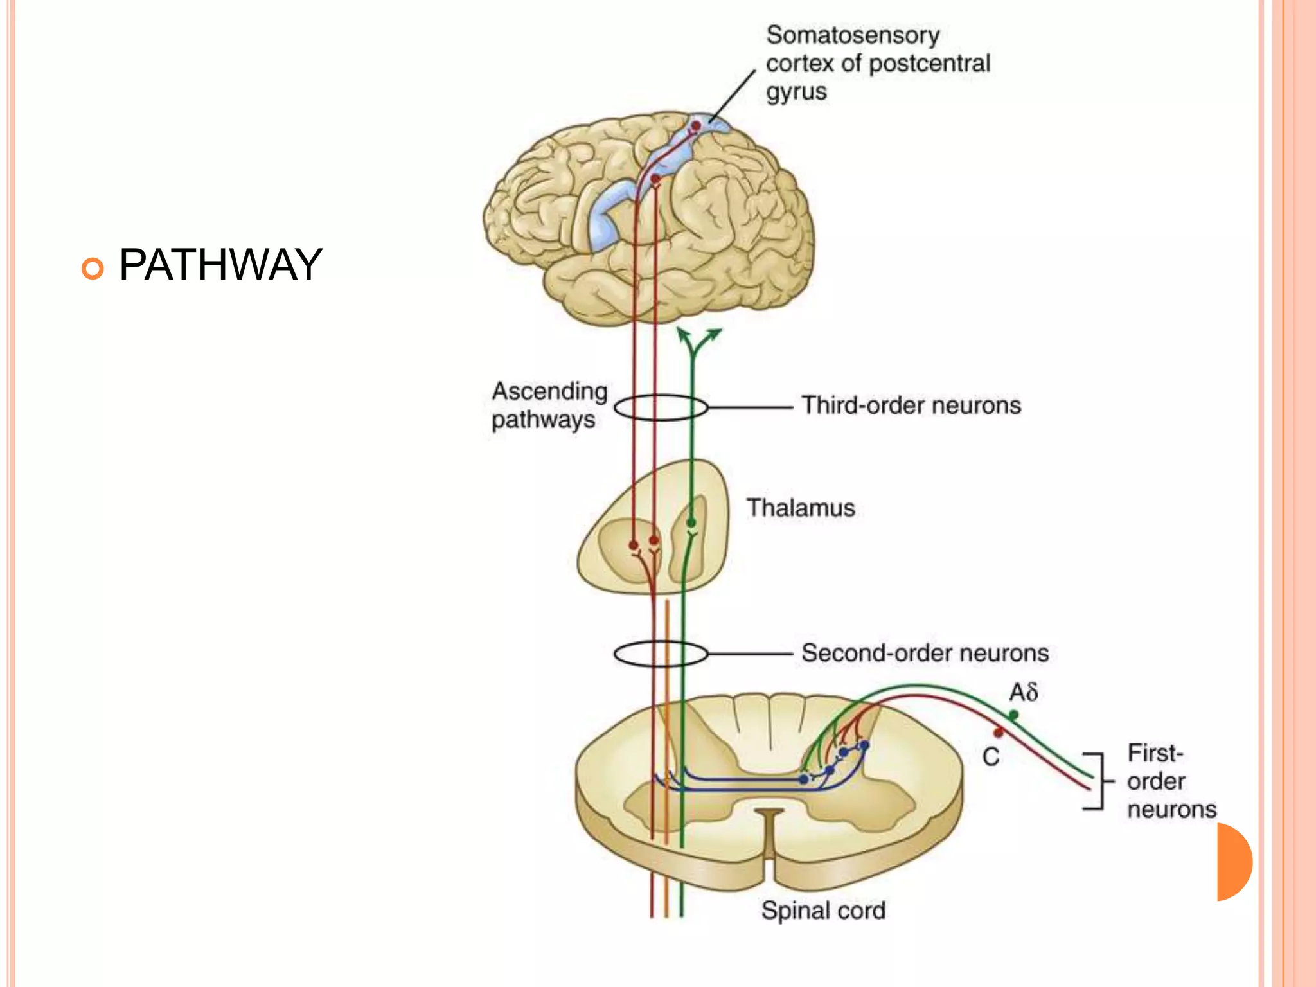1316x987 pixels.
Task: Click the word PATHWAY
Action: [220, 265]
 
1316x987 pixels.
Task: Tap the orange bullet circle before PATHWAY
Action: [93, 268]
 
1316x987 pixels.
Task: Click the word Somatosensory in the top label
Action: [852, 35]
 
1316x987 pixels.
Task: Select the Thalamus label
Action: [800, 508]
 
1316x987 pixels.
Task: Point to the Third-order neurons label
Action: [911, 405]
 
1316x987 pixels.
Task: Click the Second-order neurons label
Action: [925, 653]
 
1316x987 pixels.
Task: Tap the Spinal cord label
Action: [823, 911]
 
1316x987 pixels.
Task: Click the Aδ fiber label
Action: [1023, 693]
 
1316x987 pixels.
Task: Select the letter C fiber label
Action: [990, 757]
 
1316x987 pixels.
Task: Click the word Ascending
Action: [549, 391]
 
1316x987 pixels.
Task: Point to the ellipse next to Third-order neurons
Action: [661, 407]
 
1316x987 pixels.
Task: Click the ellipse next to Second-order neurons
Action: [661, 654]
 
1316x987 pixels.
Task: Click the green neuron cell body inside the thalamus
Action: [691, 522]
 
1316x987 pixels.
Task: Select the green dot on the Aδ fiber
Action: [1013, 715]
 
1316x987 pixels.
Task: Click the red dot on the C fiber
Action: [998, 733]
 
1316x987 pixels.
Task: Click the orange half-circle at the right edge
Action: [1234, 862]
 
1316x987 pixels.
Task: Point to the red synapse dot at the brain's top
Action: [696, 126]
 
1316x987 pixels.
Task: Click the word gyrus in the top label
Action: [796, 92]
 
